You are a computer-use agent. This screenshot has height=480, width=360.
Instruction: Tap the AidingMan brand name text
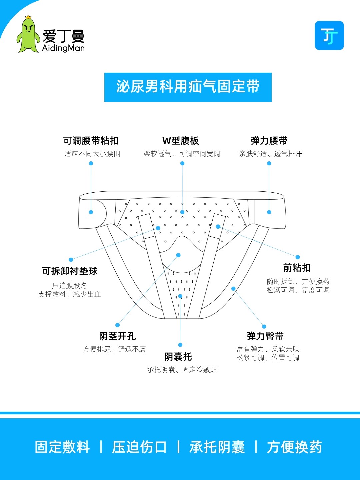(x=63, y=48)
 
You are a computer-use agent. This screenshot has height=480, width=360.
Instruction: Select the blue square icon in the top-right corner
(x=329, y=36)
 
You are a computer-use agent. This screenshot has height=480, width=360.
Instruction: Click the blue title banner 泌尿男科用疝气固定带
(x=188, y=87)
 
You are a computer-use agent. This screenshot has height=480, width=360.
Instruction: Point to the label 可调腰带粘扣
(x=91, y=141)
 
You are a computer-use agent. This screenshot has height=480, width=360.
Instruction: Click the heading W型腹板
(x=181, y=141)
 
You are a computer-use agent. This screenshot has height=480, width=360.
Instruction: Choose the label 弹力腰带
(x=269, y=141)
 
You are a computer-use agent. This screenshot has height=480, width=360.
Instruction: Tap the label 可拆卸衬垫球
(x=70, y=271)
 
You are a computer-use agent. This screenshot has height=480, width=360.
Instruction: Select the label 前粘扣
(x=297, y=268)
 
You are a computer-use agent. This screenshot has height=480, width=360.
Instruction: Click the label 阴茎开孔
(x=117, y=336)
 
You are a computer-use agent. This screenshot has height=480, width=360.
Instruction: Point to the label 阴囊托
(x=178, y=357)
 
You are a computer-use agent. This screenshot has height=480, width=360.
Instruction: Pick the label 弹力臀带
(x=265, y=336)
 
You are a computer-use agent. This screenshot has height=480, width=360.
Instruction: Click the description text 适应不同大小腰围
(x=92, y=154)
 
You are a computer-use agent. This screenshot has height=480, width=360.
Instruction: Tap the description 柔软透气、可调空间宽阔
(x=182, y=154)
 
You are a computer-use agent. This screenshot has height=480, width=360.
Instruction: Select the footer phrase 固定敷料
(x=62, y=447)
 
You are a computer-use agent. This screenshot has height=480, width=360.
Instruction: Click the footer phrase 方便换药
(x=294, y=447)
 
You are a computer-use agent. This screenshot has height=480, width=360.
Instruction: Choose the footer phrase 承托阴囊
(x=217, y=447)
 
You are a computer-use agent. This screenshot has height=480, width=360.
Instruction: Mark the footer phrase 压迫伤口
(x=139, y=447)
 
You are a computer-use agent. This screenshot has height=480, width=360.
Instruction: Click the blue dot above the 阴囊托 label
(x=180, y=345)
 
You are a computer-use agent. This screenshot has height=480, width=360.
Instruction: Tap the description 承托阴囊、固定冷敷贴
(x=182, y=370)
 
